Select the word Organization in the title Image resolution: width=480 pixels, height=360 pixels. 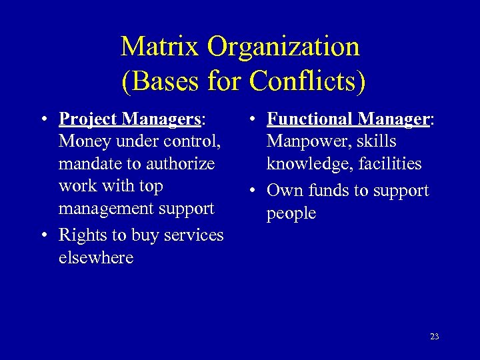point(283,47)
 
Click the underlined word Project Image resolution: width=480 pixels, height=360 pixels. point(86,119)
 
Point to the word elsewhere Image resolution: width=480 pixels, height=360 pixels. point(96,258)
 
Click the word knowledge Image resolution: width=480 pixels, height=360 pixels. point(306,164)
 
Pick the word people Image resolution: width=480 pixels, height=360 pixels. point(291,213)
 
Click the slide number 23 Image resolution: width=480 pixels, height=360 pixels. point(434,337)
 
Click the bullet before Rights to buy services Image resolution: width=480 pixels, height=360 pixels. point(43,235)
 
